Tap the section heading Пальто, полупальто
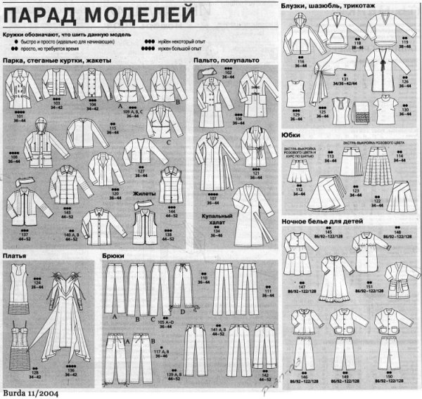226,61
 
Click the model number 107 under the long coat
212,199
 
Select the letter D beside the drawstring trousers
183,310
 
